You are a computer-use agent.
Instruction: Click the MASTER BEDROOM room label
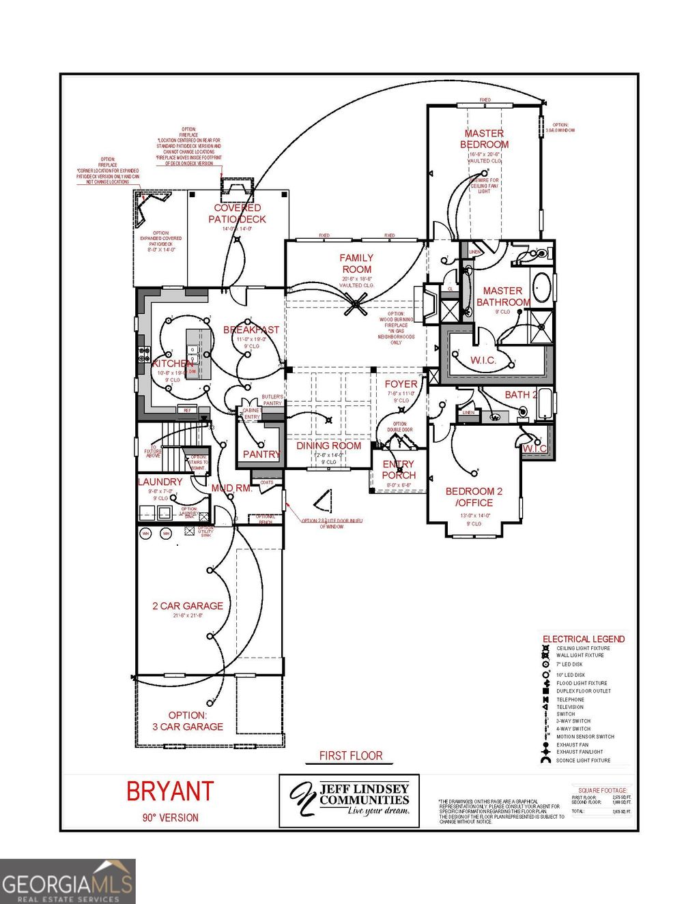point(484,139)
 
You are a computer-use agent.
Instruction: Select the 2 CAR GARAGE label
point(188,606)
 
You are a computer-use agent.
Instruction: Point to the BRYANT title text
point(170,791)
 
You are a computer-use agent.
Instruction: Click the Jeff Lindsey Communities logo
point(349,800)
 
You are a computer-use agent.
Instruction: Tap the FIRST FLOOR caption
point(351,756)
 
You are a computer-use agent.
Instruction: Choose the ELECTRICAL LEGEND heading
point(584,639)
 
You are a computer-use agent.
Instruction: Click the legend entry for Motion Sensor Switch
point(585,737)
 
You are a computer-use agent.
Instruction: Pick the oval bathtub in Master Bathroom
point(542,288)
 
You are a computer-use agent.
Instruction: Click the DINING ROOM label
point(328,446)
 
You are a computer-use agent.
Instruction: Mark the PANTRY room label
point(261,454)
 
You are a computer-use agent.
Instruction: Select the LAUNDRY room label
point(160,482)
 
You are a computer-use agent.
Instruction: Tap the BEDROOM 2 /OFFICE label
point(474,497)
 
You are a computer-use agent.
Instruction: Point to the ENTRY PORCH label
point(399,469)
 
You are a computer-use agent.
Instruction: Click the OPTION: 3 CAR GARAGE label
point(188,721)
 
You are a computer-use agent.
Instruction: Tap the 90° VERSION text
point(170,817)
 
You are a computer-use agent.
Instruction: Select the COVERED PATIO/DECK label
point(237,214)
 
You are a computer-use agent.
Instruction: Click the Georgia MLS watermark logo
point(67,881)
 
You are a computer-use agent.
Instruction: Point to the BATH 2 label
point(521,395)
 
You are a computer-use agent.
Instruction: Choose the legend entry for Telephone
point(571,699)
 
